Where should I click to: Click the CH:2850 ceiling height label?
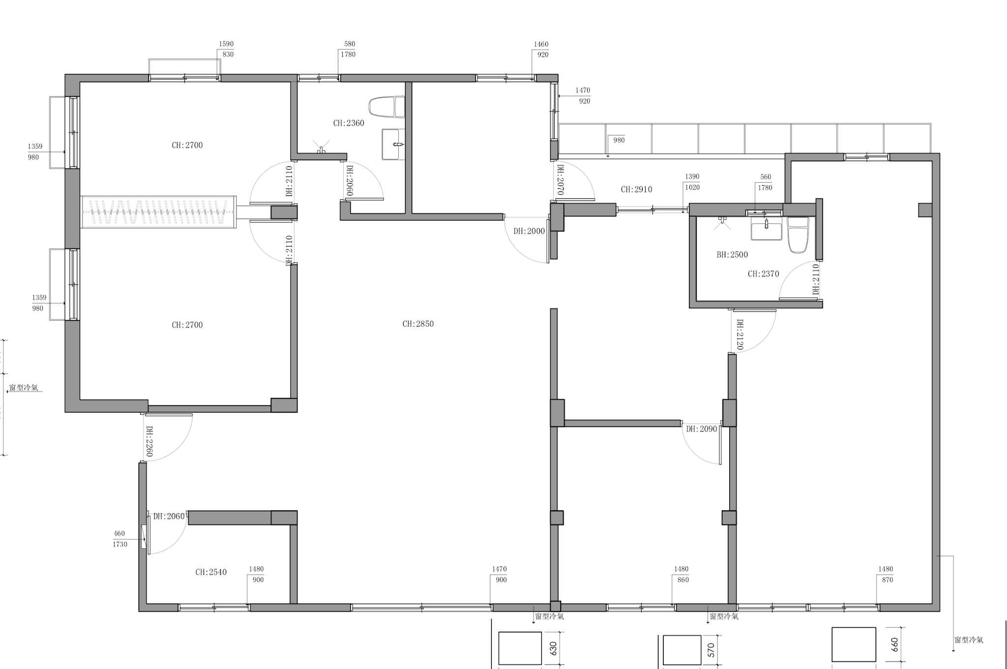[418, 324]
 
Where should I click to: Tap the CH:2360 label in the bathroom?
[349, 123]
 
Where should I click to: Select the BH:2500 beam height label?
[732, 255]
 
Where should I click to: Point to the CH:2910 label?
[636, 190]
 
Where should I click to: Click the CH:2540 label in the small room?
[211, 572]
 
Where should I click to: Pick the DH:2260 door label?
[149, 441]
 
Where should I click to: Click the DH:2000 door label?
[529, 231]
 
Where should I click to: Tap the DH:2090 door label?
[702, 429]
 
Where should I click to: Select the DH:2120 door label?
[740, 335]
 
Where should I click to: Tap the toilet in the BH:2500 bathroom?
[798, 235]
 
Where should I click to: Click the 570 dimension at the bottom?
[711, 650]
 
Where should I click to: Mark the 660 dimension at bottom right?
[894, 644]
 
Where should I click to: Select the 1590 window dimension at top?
[226, 44]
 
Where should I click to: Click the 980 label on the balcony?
[619, 140]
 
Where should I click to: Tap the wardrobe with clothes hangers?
[158, 212]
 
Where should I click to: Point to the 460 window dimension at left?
[119, 533]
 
